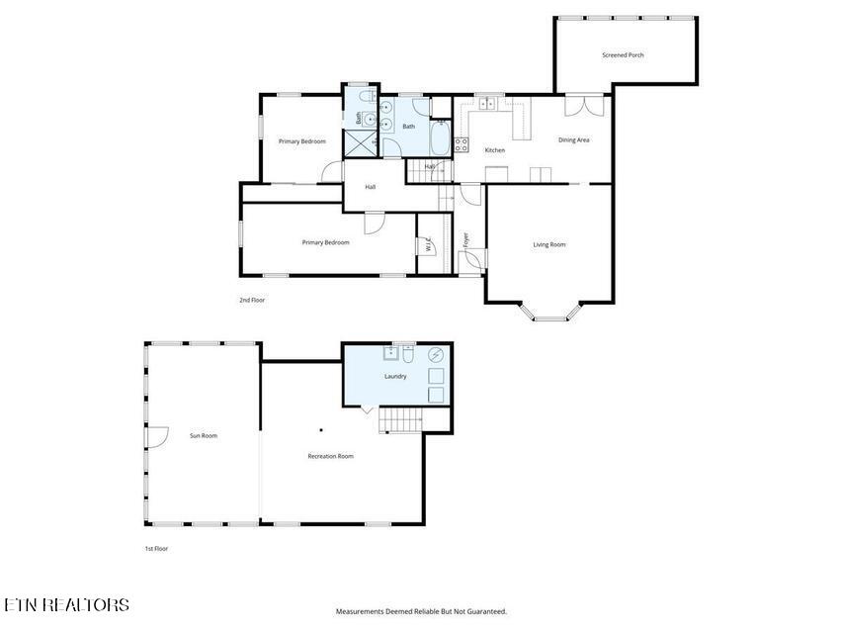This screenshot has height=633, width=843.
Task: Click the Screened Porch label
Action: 623,55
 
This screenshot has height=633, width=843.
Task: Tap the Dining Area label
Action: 573,139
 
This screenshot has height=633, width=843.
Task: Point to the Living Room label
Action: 548,245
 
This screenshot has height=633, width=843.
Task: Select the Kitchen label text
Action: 494,150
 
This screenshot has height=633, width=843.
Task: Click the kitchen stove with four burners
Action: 462,144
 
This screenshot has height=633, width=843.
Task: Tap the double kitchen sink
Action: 488,102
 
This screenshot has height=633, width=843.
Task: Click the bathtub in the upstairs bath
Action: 440,138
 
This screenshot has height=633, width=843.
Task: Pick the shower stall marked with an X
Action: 360,142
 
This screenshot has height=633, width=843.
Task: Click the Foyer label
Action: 465,240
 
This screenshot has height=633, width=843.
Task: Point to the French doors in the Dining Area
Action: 584,106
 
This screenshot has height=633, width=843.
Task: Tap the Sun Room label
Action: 204,436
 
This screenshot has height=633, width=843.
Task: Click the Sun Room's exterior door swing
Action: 157,437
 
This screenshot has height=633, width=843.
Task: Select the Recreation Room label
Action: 331,456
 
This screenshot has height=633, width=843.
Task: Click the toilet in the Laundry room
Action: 408,355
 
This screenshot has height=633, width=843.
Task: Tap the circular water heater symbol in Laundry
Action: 436,355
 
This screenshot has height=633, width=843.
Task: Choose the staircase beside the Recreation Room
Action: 400,420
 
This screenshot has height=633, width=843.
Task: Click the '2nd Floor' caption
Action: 252,301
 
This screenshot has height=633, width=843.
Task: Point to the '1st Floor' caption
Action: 156,549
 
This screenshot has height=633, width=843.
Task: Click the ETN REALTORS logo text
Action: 67,605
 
